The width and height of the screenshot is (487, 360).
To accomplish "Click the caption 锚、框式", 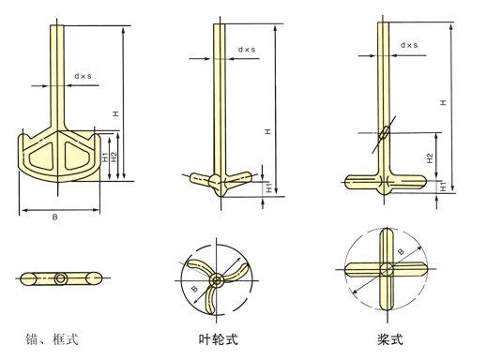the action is click(x=52, y=339).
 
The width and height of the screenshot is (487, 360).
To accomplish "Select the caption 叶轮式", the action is click(x=219, y=339).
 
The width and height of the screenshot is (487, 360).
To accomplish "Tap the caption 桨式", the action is click(x=389, y=339).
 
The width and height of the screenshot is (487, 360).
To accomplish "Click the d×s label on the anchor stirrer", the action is click(x=83, y=76).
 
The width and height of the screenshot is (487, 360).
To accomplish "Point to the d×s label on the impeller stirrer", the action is click(x=247, y=50).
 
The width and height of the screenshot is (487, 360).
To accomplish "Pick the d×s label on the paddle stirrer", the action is click(x=409, y=45).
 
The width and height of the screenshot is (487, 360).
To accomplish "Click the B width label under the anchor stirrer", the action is click(x=55, y=217).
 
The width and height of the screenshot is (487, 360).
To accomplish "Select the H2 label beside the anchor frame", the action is click(x=114, y=157).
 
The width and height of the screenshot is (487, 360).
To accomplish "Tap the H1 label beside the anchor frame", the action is click(x=106, y=157).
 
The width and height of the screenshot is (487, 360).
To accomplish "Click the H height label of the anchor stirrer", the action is click(x=116, y=113).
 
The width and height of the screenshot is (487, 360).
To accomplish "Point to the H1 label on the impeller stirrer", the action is click(x=268, y=188).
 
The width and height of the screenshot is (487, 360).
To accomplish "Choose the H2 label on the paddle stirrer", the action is click(x=431, y=158).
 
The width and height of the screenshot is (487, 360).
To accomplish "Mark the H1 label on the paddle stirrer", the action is click(x=443, y=187).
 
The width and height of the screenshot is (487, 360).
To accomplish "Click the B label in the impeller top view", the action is click(x=194, y=289).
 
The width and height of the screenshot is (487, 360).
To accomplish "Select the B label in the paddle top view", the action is click(x=401, y=251).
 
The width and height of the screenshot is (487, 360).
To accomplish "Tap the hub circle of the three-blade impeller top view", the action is click(x=216, y=280).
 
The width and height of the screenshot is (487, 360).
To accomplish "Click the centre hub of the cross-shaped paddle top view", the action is click(x=387, y=269).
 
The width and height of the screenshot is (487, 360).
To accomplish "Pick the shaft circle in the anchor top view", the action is click(x=60, y=278).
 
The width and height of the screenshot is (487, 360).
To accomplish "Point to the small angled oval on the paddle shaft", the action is click(x=385, y=132).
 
